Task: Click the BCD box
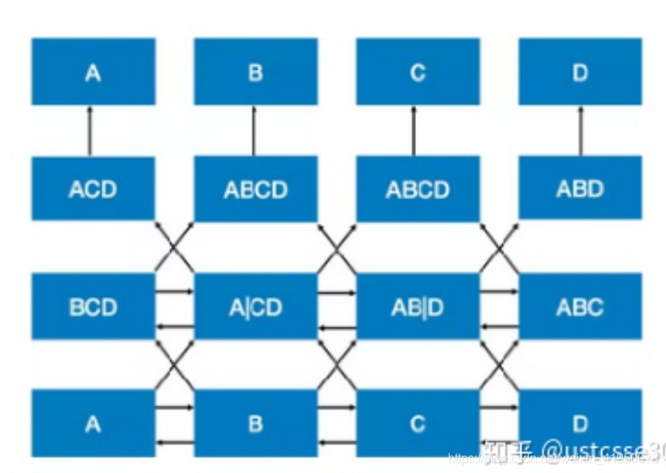tap(93, 307)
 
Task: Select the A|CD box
tap(255, 307)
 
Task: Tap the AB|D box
tap(418, 307)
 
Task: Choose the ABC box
tap(580, 307)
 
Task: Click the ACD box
tap(93, 188)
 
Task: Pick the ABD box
tap(580, 188)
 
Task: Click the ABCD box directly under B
tap(255, 188)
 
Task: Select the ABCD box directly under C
tap(418, 188)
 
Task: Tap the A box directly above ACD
tap(93, 72)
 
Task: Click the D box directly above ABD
tap(580, 72)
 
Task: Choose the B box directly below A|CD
tap(255, 423)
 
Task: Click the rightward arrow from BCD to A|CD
tap(175, 292)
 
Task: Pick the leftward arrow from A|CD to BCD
tap(175, 328)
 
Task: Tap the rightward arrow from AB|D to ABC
tap(499, 292)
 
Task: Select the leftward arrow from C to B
tap(336, 443)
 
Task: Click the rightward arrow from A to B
tap(175, 406)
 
